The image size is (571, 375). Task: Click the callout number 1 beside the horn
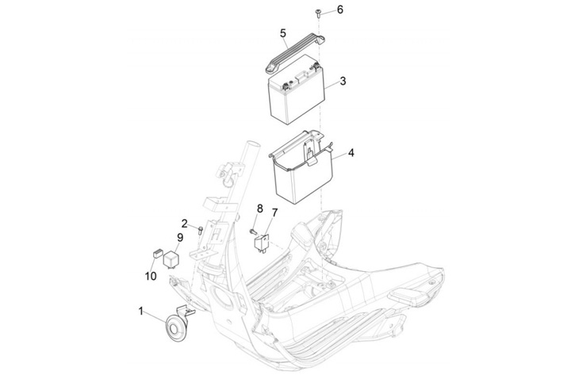141,312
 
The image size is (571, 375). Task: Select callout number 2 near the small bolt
185,224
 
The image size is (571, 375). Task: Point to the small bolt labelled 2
201,230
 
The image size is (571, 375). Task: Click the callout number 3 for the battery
343,81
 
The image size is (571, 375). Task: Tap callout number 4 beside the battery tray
351,152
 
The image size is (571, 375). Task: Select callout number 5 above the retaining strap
283,33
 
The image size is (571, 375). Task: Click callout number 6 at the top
339,10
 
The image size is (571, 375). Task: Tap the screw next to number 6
318,13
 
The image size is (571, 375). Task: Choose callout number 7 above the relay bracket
274,212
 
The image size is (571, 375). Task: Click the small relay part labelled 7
262,243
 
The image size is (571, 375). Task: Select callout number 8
259,209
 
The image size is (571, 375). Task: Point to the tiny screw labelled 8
253,231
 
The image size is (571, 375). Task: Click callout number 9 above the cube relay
180,237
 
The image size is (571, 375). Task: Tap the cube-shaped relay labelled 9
171,259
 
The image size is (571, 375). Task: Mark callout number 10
151,276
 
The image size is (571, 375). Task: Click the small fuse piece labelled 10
157,253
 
